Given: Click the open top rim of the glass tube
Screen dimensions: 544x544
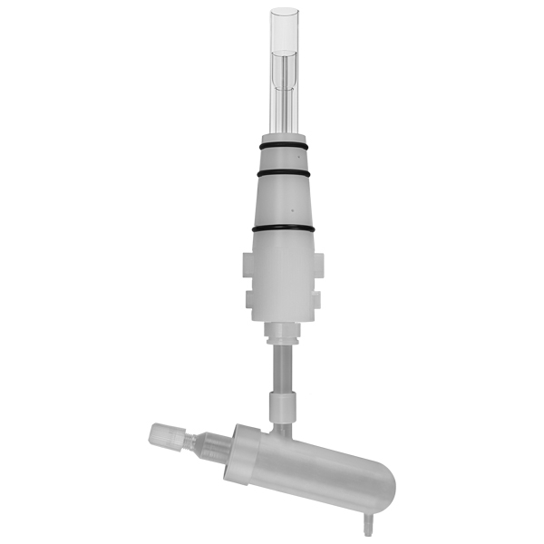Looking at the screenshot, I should [284, 13].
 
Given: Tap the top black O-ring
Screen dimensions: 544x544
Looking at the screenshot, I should [283, 146].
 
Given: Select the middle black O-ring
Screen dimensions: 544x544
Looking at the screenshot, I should [283, 172].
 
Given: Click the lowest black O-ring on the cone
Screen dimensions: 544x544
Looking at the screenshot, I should [283, 228].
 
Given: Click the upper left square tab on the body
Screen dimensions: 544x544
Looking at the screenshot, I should [248, 265].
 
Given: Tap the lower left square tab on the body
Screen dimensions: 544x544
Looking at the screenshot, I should [250, 296].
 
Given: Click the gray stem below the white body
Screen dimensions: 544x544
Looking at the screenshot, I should [282, 367].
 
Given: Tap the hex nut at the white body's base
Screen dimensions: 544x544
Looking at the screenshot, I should [282, 336].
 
